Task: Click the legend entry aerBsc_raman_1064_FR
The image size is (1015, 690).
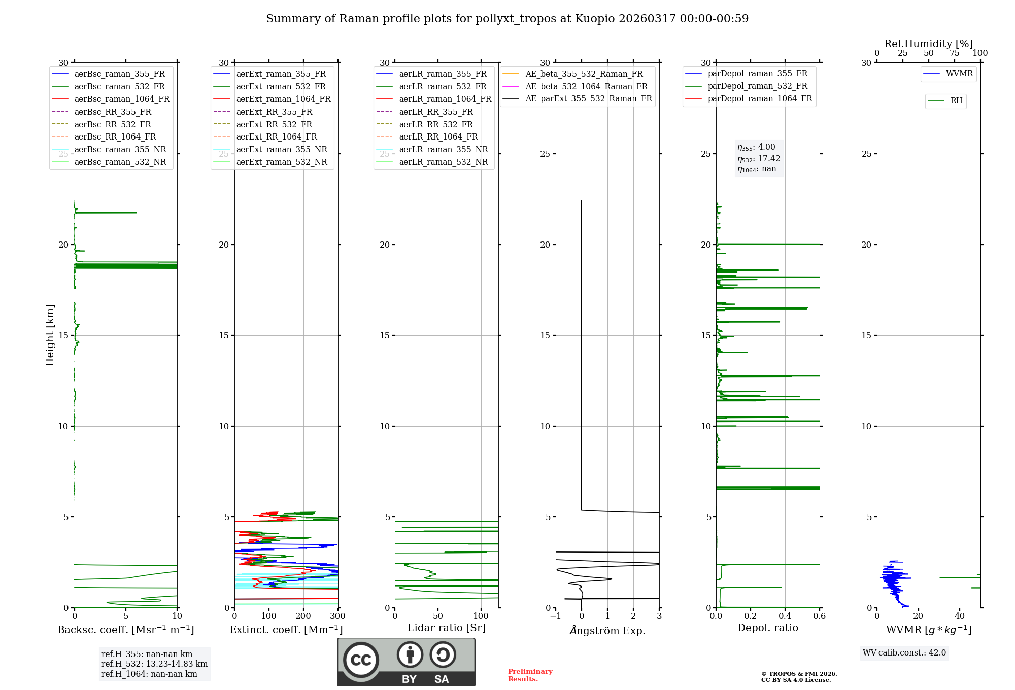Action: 122,99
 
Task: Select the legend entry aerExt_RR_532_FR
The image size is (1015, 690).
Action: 274,124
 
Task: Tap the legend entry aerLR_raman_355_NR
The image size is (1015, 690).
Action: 443,149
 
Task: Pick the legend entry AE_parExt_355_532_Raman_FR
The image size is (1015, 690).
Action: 588,98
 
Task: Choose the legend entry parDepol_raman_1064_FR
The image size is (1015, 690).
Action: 760,98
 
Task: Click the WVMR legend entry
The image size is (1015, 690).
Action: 959,74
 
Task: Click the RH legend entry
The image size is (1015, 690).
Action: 956,101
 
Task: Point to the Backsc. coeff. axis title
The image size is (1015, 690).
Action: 125,630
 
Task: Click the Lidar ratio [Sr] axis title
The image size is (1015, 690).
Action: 446,628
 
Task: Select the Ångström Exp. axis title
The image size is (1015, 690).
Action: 607,630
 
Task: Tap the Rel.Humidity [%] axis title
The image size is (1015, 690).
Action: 928,44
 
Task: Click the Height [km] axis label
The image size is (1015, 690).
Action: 50,335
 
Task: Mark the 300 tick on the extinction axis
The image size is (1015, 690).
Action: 337,616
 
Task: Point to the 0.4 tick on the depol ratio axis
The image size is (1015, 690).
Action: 785,616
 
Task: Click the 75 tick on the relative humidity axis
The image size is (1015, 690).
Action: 954,53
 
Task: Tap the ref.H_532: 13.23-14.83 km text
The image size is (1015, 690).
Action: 154,664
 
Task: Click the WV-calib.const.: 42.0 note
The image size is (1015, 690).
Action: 904,652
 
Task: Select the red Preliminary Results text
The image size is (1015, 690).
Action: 530,675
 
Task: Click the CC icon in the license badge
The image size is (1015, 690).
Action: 361,660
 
